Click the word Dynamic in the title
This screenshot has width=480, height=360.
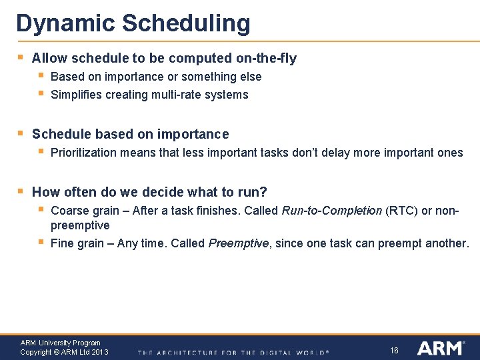click(x=65, y=23)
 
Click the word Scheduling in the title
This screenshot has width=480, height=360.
click(x=186, y=23)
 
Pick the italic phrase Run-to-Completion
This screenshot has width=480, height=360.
click(x=332, y=211)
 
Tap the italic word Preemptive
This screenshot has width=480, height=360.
click(x=238, y=243)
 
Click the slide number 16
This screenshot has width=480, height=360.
click(x=394, y=350)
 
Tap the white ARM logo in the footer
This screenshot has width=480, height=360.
click(x=440, y=348)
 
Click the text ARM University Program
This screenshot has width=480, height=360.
click(x=60, y=343)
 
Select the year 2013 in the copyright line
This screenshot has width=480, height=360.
click(x=100, y=352)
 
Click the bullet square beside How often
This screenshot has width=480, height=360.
click(x=21, y=191)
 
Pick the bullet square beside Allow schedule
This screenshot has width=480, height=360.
click(x=21, y=57)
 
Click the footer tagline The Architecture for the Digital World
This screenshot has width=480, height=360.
click(x=233, y=352)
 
